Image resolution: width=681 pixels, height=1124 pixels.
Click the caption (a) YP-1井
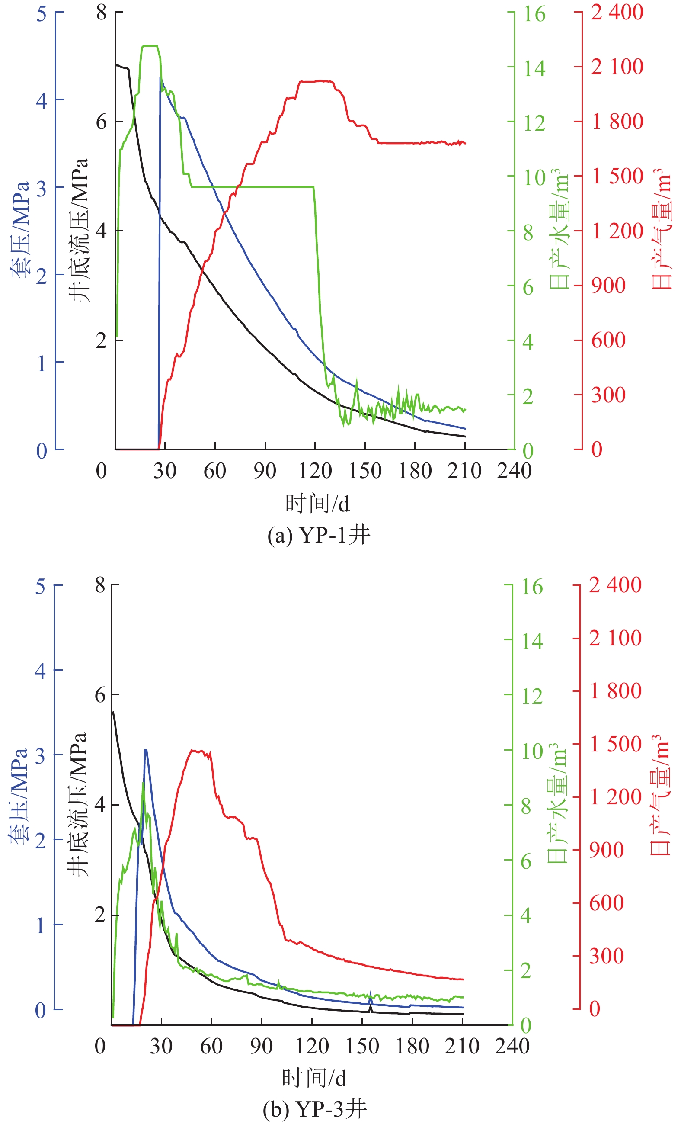[x=319, y=535]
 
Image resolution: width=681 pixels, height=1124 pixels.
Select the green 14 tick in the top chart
[x=534, y=68]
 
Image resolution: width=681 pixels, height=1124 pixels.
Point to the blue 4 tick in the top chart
[x=42, y=100]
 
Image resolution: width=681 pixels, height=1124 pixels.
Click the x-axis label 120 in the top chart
[x=315, y=471]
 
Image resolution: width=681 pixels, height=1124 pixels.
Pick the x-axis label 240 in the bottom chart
[x=512, y=1046]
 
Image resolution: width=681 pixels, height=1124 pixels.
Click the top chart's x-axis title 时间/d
[x=317, y=504]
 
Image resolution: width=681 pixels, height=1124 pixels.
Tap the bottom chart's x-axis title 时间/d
[x=314, y=1079]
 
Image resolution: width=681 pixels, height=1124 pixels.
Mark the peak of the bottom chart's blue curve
[x=145, y=749]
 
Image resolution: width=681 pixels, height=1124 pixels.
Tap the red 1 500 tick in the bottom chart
[x=615, y=744]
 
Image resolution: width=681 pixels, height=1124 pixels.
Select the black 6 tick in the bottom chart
[x=100, y=695]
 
